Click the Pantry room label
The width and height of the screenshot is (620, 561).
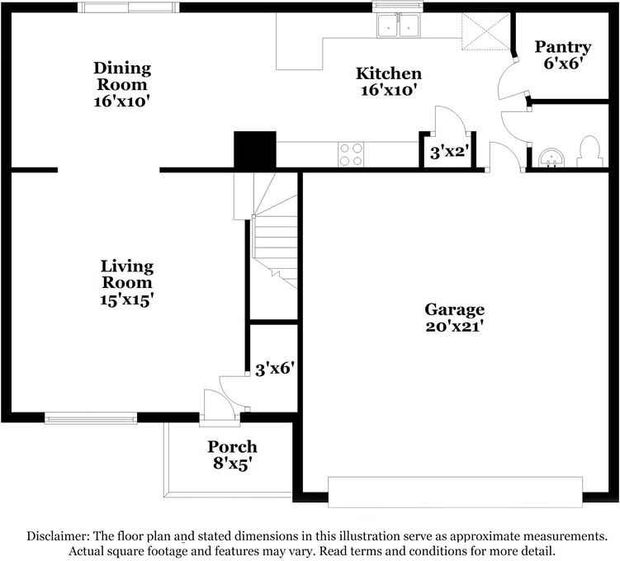(562, 47)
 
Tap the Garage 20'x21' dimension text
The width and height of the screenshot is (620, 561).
(454, 326)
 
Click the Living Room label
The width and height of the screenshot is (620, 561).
(127, 274)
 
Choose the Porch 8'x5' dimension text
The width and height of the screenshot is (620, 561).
(231, 464)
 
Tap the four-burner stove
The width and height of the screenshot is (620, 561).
(351, 153)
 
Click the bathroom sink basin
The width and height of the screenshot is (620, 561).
(549, 155)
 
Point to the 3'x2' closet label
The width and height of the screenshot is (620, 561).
(450, 152)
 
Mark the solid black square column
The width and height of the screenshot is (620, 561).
(254, 150)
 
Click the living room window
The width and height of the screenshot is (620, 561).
(91, 418)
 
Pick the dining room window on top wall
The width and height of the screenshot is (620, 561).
(128, 7)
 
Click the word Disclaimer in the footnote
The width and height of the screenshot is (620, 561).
(60, 535)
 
